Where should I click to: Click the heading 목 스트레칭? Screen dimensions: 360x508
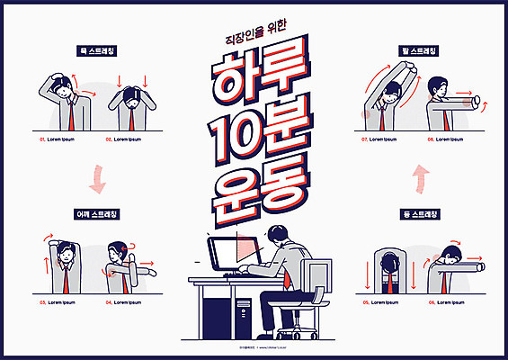[101, 51]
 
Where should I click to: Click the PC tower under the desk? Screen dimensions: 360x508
[243, 312]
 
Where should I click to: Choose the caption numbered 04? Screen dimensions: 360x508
[123, 302]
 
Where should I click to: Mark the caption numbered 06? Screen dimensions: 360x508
[447, 302]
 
